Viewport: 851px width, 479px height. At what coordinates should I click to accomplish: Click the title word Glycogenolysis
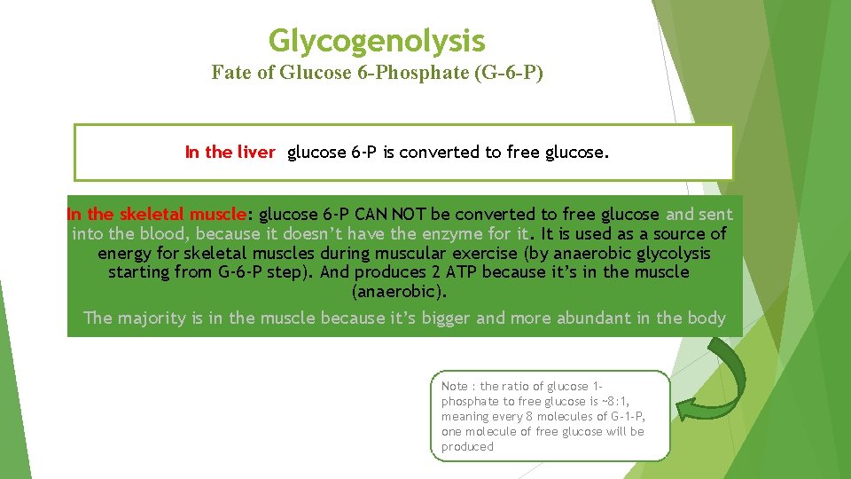pos(377,41)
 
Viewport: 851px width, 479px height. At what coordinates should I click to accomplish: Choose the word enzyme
pos(449,234)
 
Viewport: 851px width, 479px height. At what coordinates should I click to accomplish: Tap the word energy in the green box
pos(125,254)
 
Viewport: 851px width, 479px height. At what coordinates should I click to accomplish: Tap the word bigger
pos(446,318)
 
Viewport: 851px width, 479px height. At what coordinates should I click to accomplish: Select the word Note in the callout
pos(455,386)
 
